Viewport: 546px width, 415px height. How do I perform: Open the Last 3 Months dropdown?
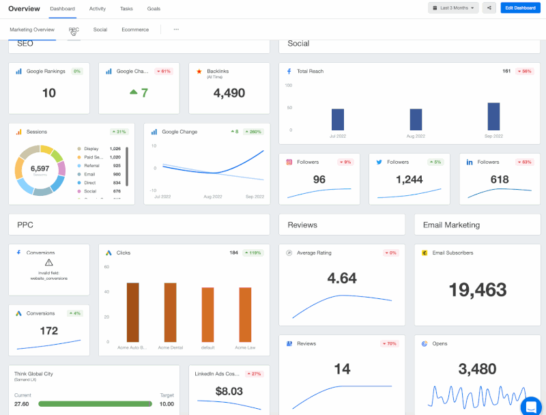coord(452,8)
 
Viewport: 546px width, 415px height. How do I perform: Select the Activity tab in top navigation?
coord(97,9)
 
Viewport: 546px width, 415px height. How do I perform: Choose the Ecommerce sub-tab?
coord(135,29)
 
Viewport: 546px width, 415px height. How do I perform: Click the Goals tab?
coord(154,9)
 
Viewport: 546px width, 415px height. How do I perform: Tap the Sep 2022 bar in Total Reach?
coord(493,117)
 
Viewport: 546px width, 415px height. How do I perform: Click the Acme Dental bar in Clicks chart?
coord(170,312)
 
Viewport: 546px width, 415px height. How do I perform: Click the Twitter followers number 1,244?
coord(409,180)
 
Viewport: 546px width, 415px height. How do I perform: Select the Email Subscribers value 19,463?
coord(477,289)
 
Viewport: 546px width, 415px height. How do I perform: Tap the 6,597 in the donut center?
coord(40,168)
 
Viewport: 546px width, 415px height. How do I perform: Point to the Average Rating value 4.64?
coord(342,278)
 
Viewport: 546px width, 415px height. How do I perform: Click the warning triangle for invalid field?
coord(48,262)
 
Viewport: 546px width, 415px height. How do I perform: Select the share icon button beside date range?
coord(489,8)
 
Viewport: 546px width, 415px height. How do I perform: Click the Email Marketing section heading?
coord(451,225)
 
